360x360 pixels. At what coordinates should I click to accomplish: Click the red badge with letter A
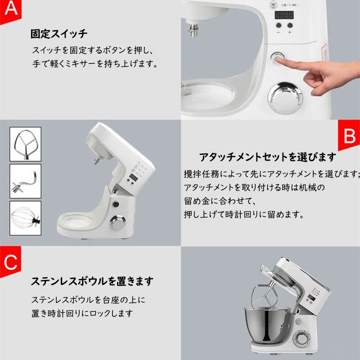click(x=10, y=11)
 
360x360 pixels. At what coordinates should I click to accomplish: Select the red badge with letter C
click(x=10, y=261)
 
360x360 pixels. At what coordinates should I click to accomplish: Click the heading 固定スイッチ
click(x=59, y=34)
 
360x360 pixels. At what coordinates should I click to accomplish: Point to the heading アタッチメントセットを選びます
click(x=268, y=157)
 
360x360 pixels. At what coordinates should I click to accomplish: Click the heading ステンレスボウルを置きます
click(x=92, y=281)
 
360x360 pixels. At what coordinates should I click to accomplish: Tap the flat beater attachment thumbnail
click(x=26, y=144)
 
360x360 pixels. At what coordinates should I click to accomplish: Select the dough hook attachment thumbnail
click(x=26, y=181)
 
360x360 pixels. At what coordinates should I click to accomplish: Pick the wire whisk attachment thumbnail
click(x=26, y=218)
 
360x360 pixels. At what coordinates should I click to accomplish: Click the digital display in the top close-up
click(x=284, y=15)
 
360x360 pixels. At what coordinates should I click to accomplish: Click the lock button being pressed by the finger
click(x=277, y=58)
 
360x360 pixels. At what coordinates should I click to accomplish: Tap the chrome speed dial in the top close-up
click(x=285, y=97)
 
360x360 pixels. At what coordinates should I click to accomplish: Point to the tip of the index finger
click(x=276, y=60)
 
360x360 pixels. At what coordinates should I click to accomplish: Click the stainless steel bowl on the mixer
click(x=267, y=325)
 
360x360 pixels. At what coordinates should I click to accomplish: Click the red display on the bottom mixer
click(x=311, y=298)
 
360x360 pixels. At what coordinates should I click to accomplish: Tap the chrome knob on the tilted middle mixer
click(x=117, y=222)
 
